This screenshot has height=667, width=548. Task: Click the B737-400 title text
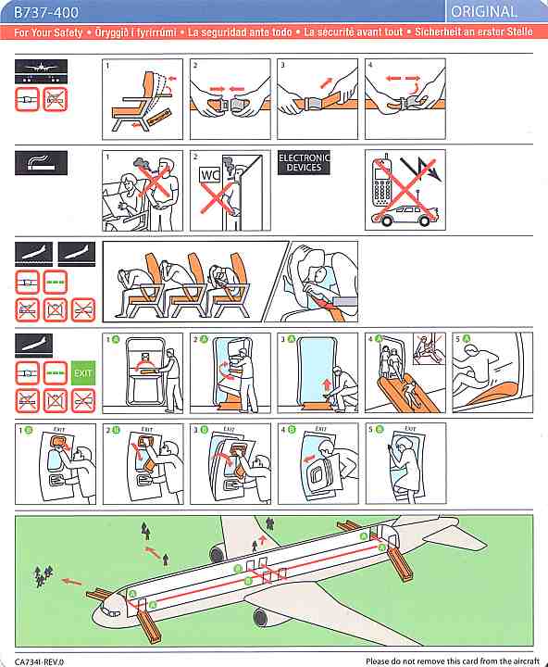pos(46,13)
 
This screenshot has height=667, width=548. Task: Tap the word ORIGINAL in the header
pos(484,12)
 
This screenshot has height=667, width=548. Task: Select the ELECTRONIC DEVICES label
pos(304,162)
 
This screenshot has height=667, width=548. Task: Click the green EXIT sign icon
pos(83,373)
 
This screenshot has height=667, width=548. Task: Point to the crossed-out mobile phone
pos(382,182)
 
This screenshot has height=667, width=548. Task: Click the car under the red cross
pos(405,216)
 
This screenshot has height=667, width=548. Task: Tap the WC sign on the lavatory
pos(210,174)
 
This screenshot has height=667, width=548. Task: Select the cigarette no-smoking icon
pos(41,162)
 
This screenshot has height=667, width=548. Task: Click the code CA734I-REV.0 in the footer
pos(39,661)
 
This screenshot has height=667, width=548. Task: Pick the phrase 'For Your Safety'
pos(48,32)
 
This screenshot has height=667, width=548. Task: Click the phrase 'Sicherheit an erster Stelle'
pos(474,31)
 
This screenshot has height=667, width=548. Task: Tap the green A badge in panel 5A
pos(467,339)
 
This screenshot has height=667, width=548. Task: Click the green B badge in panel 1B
pos(29,430)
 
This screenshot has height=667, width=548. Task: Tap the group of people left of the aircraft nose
pos(43,575)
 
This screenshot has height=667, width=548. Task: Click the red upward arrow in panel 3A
pos(327,385)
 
